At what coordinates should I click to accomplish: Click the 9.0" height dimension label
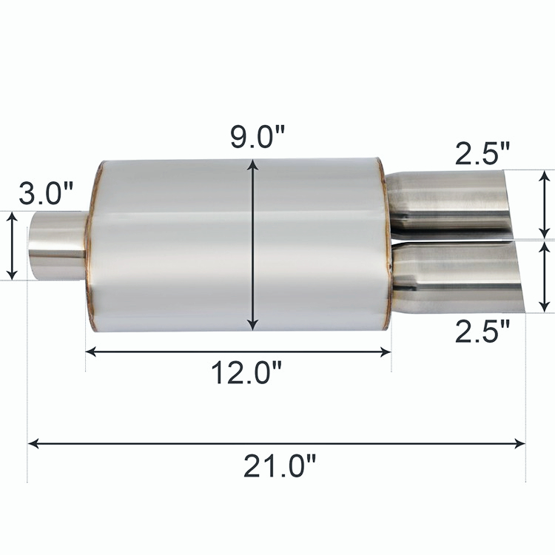(257, 138)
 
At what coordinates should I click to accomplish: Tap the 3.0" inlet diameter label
(46, 195)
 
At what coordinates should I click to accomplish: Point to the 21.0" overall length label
(280, 466)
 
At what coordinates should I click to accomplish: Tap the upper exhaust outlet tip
(451, 200)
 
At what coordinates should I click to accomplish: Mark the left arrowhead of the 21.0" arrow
(33, 444)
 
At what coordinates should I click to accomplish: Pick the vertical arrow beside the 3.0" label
(12, 245)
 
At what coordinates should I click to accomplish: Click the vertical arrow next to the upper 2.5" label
(545, 203)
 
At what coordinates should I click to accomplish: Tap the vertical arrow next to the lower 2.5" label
(545, 276)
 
